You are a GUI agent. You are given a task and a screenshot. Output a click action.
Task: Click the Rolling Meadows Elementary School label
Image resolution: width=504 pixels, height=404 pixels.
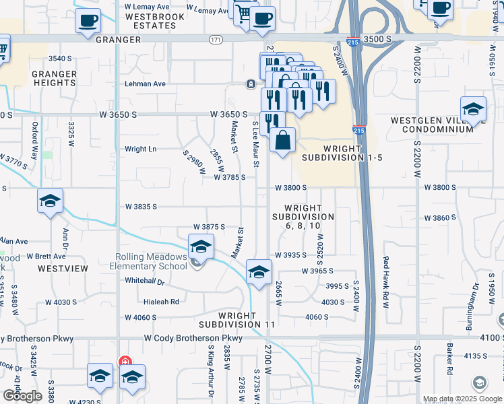(x=151, y=261)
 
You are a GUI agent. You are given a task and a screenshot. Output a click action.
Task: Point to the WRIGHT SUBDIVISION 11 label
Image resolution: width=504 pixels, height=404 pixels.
(x=247, y=320)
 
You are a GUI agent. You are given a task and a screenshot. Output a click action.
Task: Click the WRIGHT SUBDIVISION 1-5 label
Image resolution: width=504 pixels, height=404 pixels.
(x=342, y=153)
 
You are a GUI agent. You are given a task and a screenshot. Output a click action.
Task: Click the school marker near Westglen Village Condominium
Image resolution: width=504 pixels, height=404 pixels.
(x=474, y=109)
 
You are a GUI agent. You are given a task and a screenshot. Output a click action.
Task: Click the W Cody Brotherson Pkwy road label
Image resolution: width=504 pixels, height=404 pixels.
(x=193, y=338)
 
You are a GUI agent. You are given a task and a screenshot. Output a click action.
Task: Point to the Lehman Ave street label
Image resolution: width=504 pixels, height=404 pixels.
(x=145, y=84)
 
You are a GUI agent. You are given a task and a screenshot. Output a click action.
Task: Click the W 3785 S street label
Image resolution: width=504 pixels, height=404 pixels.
(x=232, y=178)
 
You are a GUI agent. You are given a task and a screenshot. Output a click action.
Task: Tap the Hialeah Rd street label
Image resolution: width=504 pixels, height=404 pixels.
(x=160, y=302)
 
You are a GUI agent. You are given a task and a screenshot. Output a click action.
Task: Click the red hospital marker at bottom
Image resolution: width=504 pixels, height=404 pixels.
(x=125, y=362)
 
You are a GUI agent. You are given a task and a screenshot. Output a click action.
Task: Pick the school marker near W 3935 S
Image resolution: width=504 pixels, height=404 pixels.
(x=257, y=272)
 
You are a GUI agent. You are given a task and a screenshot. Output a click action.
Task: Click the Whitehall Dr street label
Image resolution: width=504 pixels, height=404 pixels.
(x=145, y=281)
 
